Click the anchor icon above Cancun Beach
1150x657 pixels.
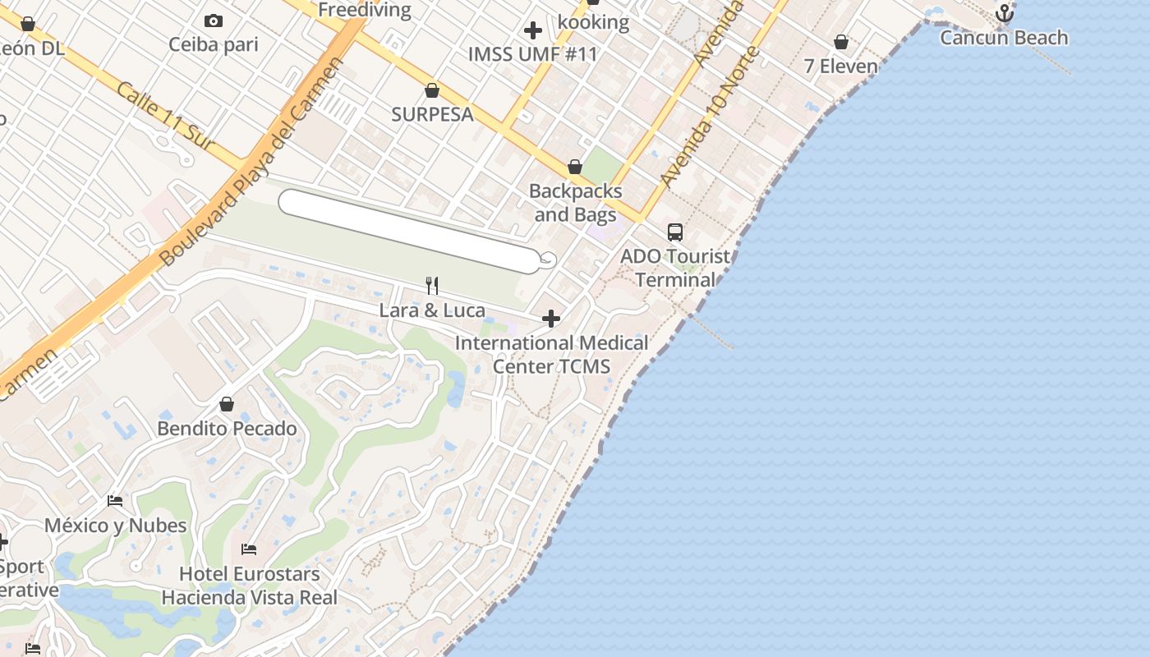point(1004,13)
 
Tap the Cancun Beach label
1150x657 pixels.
point(1004,38)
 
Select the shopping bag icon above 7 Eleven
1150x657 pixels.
point(841,42)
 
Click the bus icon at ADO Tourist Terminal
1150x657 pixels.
point(675,232)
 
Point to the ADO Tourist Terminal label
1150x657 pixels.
point(675,268)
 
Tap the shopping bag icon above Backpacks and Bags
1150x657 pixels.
point(575,168)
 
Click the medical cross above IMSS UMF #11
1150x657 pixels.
point(533,31)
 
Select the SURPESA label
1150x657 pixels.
point(432,114)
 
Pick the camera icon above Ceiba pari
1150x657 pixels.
point(214,21)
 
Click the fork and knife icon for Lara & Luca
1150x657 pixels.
point(432,286)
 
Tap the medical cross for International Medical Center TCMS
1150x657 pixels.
point(551,319)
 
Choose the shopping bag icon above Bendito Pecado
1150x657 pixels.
point(227,405)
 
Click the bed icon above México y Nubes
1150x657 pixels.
point(115,501)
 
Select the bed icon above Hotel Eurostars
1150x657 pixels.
point(249,549)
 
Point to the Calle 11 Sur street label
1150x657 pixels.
point(164,115)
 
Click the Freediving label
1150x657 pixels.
point(364,10)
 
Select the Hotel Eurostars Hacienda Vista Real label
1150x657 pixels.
point(249,586)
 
